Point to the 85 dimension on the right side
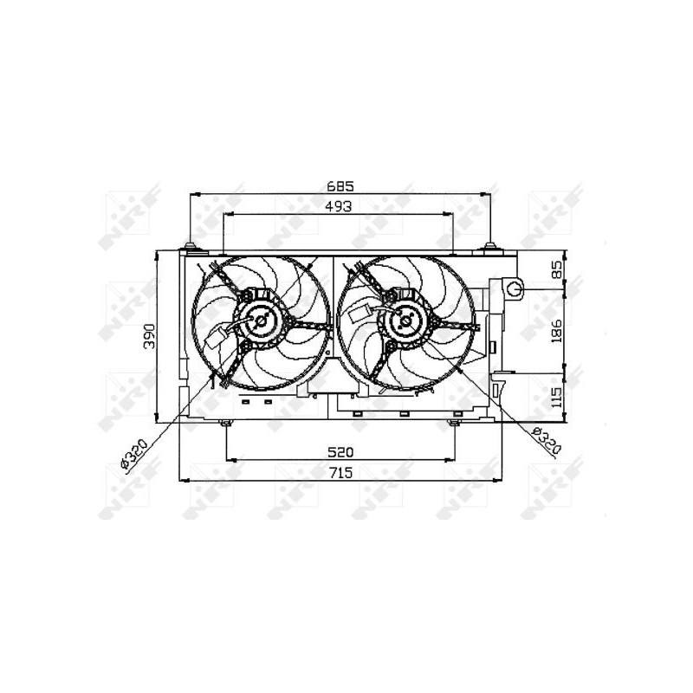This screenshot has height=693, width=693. [556, 271]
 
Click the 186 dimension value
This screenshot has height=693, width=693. [556, 331]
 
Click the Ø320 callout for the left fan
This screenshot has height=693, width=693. [133, 452]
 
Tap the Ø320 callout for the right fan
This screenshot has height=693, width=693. [547, 444]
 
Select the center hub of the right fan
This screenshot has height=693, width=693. [406, 321]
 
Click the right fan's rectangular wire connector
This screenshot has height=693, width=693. [366, 317]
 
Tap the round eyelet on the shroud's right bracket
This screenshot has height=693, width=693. [515, 288]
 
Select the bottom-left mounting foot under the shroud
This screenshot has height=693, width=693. [226, 423]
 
